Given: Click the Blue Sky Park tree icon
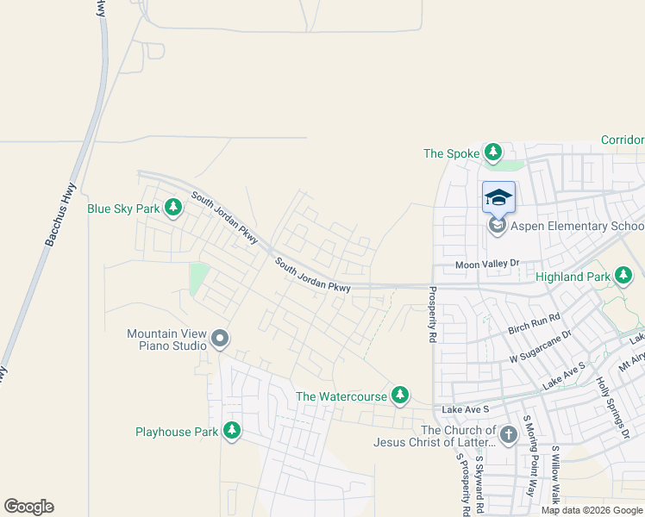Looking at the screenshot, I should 173,207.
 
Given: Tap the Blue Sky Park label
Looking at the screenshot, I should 124,209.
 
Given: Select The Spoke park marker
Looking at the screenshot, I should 492,153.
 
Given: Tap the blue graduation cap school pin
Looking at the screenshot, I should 498,197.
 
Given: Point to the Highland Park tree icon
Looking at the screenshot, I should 624,276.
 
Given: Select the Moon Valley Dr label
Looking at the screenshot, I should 489,264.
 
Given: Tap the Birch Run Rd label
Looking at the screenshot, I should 534,324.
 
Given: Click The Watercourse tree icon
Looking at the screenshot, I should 399,395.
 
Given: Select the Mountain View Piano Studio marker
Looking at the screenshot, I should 220,339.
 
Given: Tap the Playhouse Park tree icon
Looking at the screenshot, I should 231,430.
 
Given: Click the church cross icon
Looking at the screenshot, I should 508,435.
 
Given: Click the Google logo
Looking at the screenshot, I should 28,507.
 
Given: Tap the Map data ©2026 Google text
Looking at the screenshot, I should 592,510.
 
